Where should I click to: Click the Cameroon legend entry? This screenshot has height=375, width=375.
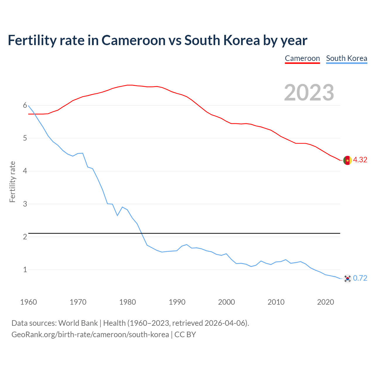coord(302,58)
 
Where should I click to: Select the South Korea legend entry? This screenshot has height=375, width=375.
coord(346,58)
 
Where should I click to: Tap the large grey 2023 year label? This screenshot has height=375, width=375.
coord(309,93)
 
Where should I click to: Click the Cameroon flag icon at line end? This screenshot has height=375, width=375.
coord(347,160)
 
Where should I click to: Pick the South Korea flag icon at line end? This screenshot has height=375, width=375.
coord(347,278)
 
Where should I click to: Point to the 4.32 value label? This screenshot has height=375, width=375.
coord(360,160)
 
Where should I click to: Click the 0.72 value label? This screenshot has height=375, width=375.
coord(360,278)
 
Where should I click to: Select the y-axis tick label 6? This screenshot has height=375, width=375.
coord(25,105)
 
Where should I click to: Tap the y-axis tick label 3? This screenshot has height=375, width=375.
coord(25,204)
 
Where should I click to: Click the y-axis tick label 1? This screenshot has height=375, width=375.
coord(25,270)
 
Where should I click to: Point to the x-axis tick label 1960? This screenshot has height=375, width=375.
coord(28,302)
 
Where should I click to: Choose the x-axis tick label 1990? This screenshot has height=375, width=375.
coord(177,302)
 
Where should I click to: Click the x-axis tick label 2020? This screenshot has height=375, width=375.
coord(325,302)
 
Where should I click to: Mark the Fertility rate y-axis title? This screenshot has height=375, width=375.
coord(12,182)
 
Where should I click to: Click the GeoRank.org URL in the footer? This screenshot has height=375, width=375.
coord(90,335)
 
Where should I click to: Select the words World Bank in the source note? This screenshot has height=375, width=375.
coord(78,323)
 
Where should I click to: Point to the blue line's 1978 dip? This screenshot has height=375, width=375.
coord(117,215)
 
